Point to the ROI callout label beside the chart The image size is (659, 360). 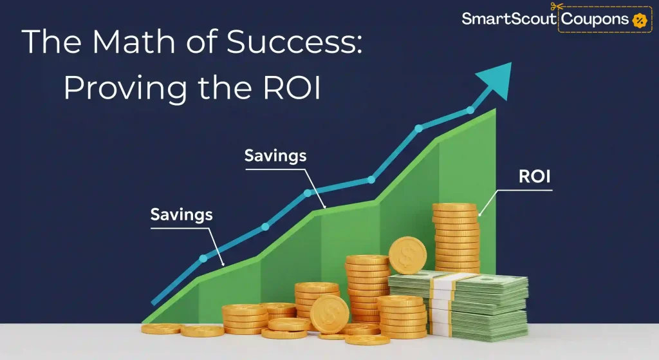[535, 177]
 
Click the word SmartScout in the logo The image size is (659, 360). [509, 19]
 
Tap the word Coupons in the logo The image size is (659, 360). [595, 19]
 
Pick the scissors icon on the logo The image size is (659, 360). [564, 6]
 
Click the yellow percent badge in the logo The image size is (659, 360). [638, 20]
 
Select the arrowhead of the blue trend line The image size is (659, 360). [499, 79]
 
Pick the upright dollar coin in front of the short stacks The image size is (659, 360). [329, 314]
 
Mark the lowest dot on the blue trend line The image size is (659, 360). [203, 258]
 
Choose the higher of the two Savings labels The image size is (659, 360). [275, 155]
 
